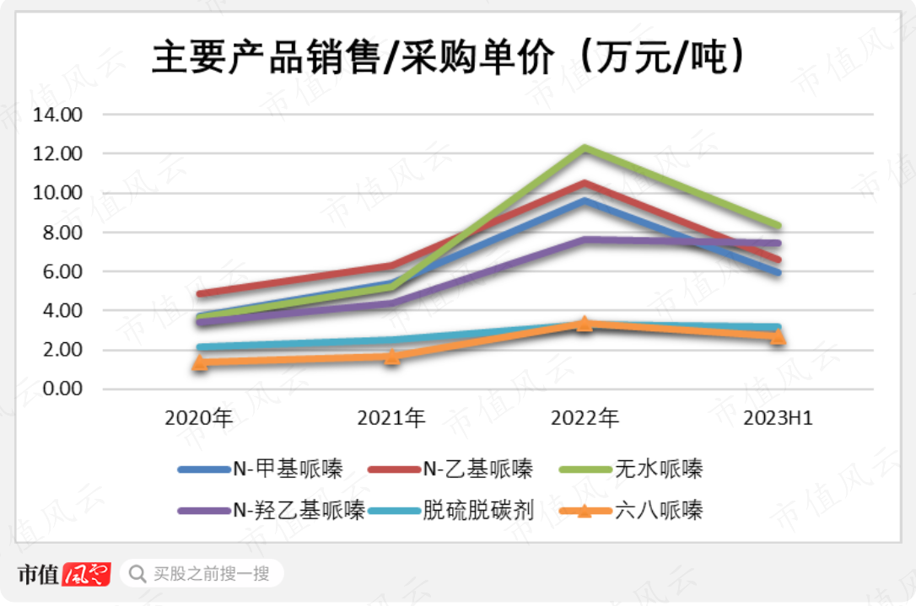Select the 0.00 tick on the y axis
pos(59,389)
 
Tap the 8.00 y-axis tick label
pos(59,233)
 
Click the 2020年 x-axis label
pos(199,418)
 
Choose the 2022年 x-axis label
pos(585,418)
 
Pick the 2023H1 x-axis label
pos(777,418)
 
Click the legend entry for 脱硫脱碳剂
pos(477,510)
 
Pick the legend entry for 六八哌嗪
pos(658,510)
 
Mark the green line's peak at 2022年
pos(585,148)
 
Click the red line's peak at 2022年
pos(585,183)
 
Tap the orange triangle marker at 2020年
pos(200,362)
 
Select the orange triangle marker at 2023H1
pos(777,336)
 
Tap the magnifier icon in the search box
pos(137,575)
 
